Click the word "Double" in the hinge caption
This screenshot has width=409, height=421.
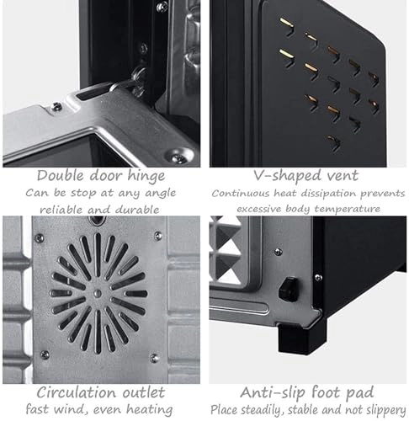61,176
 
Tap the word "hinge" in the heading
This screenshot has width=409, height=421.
146,177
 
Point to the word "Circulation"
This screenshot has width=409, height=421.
76,392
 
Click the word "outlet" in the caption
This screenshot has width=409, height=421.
143,392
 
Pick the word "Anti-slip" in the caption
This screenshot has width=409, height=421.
273,393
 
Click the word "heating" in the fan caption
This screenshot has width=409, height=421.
149,409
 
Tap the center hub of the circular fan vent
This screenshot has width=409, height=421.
98,294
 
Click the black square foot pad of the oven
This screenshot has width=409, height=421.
300,338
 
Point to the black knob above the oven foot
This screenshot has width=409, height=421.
289,289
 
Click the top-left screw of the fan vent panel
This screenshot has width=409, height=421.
39,238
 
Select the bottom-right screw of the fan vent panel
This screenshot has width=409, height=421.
154,358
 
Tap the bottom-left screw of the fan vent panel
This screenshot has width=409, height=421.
45,354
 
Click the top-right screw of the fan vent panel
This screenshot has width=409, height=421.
158,236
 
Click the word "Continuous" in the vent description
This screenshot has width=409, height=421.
240,194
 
